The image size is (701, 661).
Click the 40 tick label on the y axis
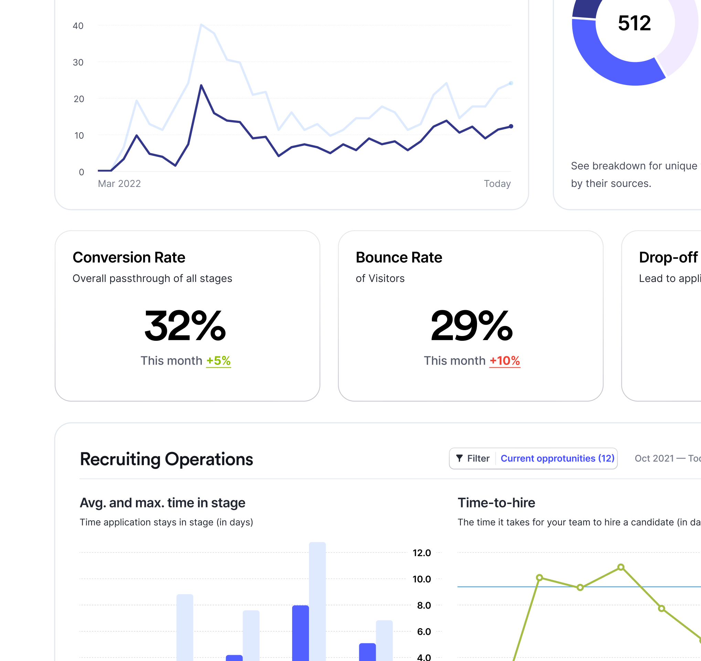[x=78, y=26]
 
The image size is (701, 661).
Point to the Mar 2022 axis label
[x=119, y=183]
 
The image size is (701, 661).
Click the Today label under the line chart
[x=497, y=183]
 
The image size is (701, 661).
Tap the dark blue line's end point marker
[x=511, y=126]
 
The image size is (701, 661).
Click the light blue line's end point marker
[x=511, y=83]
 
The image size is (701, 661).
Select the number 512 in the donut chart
[x=634, y=23]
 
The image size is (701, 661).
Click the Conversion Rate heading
[x=129, y=258]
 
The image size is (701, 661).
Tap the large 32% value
[x=185, y=326]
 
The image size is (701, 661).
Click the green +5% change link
[x=218, y=360]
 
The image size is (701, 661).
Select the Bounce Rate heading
[x=399, y=258]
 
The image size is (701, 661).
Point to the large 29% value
[x=471, y=326]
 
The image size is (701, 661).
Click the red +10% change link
[x=504, y=360]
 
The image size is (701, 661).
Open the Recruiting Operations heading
[x=167, y=459]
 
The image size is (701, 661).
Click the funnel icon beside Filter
[x=459, y=458]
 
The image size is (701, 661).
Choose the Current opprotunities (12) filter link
[x=557, y=458]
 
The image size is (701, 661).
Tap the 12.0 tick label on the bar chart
[x=422, y=553]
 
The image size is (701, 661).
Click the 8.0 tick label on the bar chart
[x=424, y=605]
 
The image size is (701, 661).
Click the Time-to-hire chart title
[x=496, y=503]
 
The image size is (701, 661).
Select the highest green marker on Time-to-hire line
[x=620, y=567]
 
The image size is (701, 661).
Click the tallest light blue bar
[x=317, y=600]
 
